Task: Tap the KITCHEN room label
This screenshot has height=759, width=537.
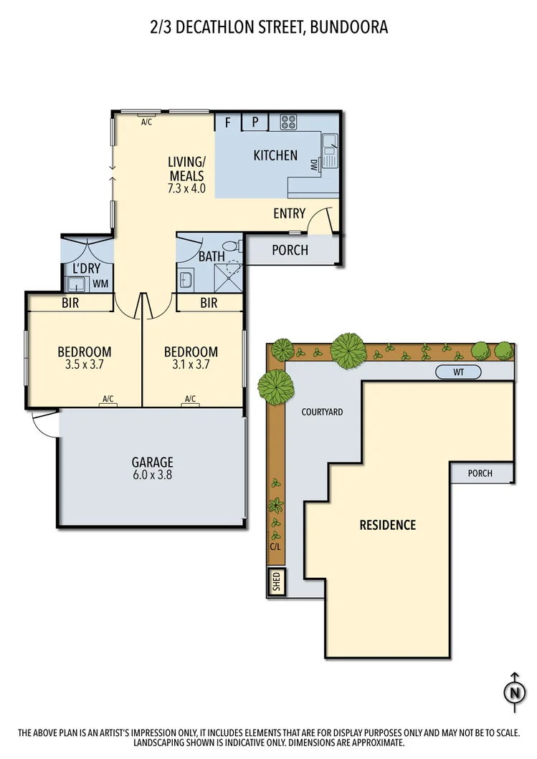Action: (x=275, y=155)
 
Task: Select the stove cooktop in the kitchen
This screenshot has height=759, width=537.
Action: (x=289, y=122)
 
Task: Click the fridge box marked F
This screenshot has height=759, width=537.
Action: (x=228, y=122)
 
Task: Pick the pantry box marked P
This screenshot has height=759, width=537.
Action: (x=255, y=122)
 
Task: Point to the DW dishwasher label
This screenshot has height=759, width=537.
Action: (x=314, y=165)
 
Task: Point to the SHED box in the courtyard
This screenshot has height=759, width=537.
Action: (x=276, y=583)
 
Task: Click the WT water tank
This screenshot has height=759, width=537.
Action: (x=458, y=372)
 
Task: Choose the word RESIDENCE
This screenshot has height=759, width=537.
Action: (x=387, y=525)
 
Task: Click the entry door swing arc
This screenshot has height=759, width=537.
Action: (x=320, y=218)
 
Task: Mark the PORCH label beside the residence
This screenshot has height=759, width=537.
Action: (x=480, y=473)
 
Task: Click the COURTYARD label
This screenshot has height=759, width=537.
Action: (x=322, y=412)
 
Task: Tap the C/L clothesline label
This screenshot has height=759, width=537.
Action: (x=275, y=546)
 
